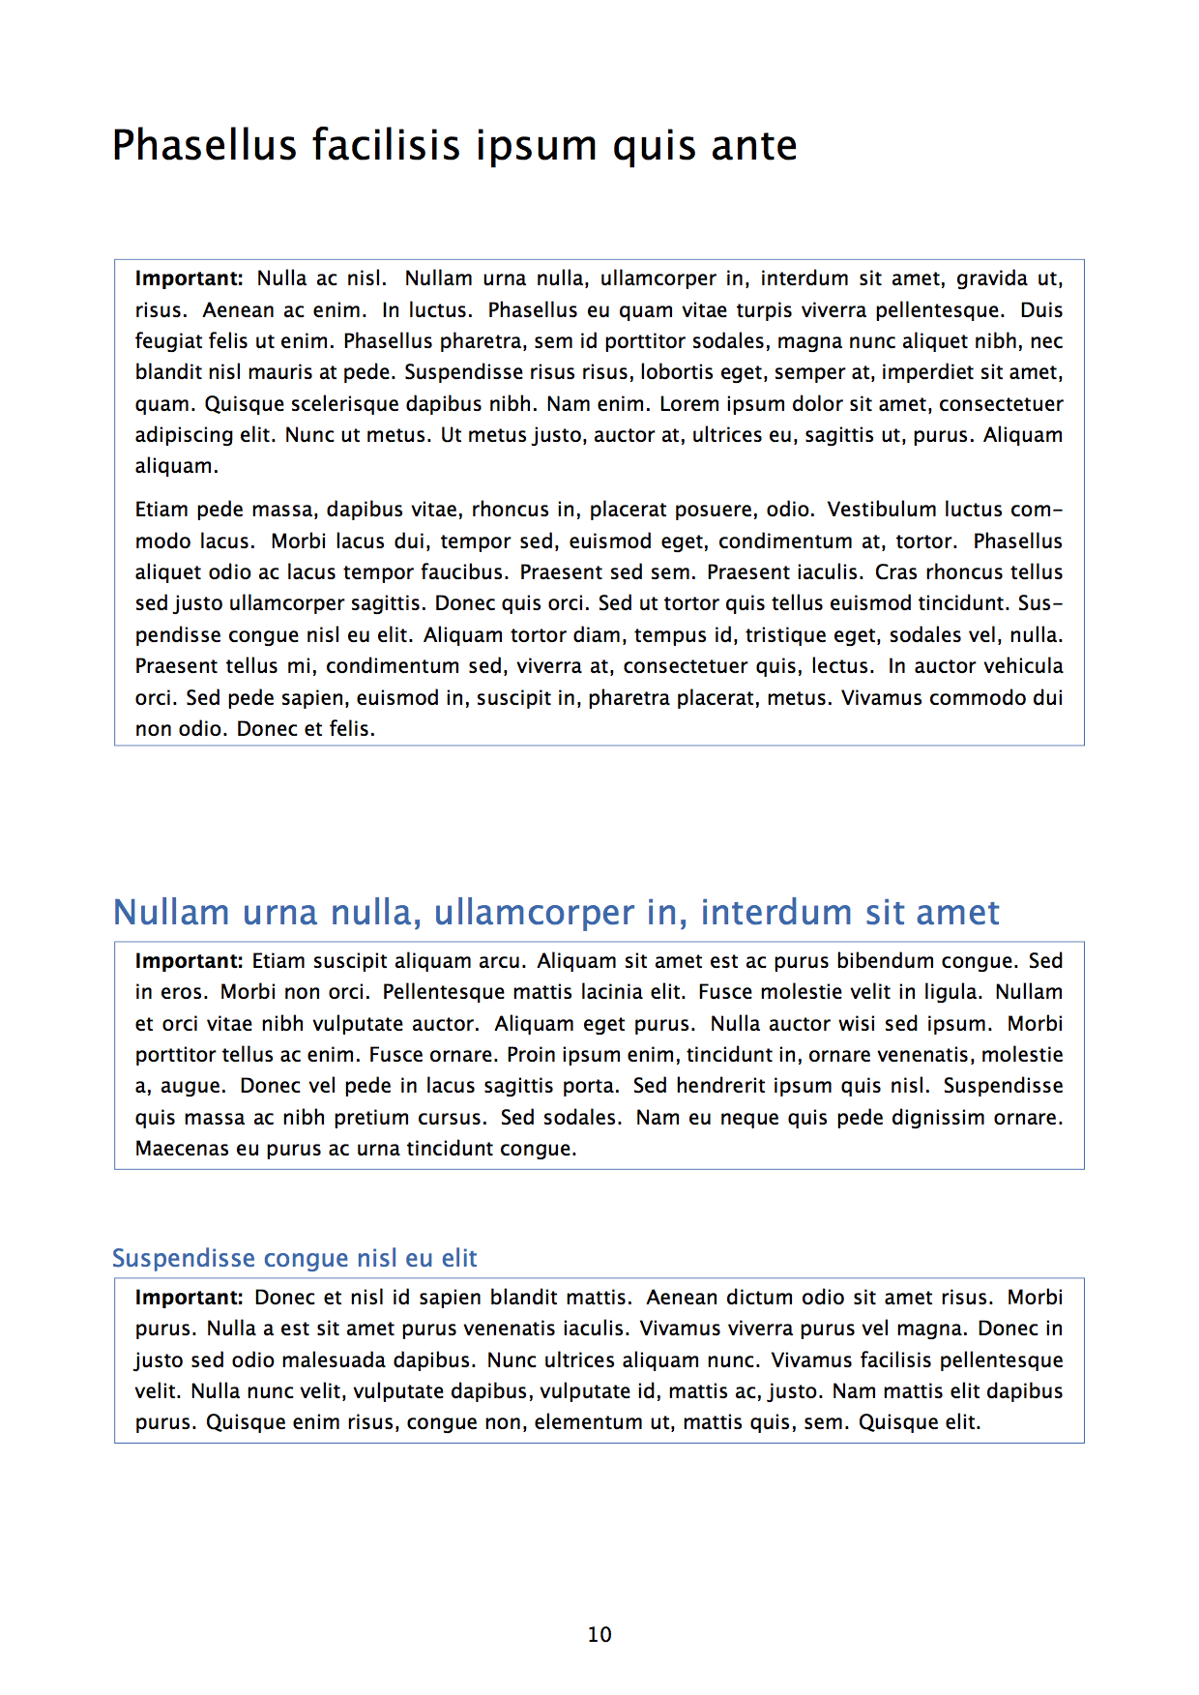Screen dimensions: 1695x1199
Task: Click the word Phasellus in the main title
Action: click(204, 146)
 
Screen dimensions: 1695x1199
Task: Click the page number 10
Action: click(599, 1634)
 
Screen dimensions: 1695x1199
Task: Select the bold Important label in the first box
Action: click(189, 278)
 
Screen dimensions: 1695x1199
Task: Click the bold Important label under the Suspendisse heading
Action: click(189, 1298)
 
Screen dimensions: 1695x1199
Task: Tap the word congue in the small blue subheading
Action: click(307, 1258)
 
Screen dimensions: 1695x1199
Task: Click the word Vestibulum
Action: click(882, 510)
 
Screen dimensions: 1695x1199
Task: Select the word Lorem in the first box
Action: click(689, 404)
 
